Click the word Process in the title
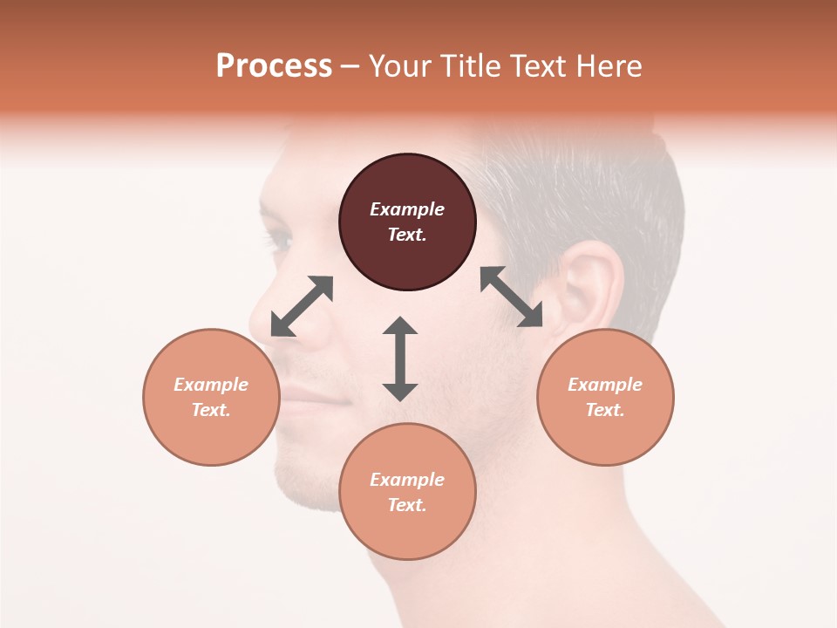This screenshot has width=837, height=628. point(274,66)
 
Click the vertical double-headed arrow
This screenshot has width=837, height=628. point(400,358)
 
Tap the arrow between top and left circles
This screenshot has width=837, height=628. point(302,306)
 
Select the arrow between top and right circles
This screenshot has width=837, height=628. point(511,297)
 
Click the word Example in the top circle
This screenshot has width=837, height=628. point(407,209)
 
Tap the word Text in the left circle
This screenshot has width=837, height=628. point(211,410)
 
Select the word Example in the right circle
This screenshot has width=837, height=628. point(605,385)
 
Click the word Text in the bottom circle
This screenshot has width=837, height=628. point(407,505)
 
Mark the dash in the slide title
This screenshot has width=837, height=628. point(350,67)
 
